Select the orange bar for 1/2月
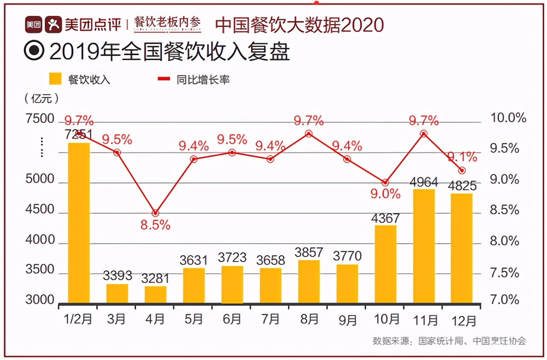tap(79, 223)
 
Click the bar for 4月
tap(156, 295)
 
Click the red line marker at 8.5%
tap(156, 213)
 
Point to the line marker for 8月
tap(309, 134)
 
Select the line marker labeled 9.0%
tap(385, 183)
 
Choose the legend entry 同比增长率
tap(194, 80)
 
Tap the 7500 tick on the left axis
tap(40, 119)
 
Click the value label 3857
tap(309, 252)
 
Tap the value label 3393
tap(118, 275)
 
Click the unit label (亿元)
tap(41, 98)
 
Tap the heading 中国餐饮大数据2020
tap(299, 25)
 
